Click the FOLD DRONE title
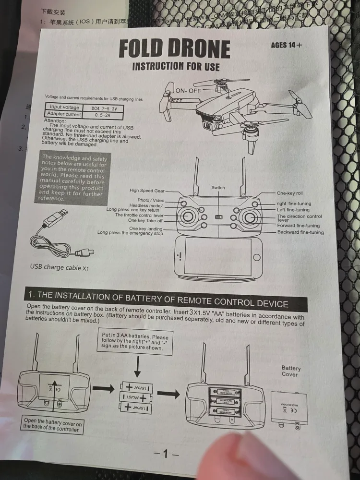(x=174, y=49)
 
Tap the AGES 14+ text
(x=287, y=45)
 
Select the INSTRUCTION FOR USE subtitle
(x=176, y=66)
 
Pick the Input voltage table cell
(x=65, y=108)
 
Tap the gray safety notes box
(x=73, y=178)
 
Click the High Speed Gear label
(x=147, y=191)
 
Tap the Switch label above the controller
(x=217, y=188)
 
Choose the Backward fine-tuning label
(x=300, y=232)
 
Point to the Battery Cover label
(x=290, y=371)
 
